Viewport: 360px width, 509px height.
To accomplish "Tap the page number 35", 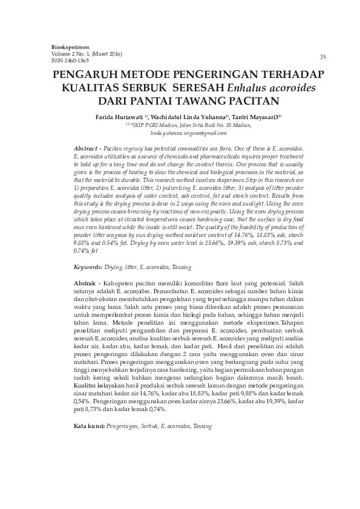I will coord(322,57).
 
